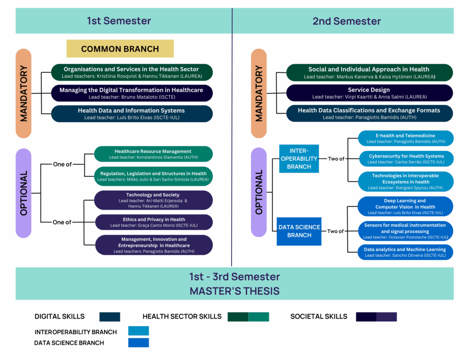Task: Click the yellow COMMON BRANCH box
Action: tap(120, 49)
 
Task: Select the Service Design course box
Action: tap(369, 93)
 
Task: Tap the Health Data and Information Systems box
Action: tap(132, 114)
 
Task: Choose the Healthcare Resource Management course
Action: tap(153, 154)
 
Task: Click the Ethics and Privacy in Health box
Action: tap(154, 222)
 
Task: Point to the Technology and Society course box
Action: tap(153, 200)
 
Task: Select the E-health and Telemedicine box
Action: tap(405, 138)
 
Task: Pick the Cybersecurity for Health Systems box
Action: tap(406, 159)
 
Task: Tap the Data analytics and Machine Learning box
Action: tap(405, 252)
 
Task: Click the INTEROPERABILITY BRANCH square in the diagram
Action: tap(299, 159)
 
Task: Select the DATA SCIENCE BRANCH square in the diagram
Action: tap(299, 231)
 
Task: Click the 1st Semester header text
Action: tap(119, 21)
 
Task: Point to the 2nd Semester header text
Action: tap(347, 21)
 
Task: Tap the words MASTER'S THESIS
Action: tap(234, 291)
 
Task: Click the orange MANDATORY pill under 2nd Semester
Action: tap(259, 94)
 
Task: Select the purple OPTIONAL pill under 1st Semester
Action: tap(24, 193)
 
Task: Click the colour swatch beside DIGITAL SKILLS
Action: tap(109, 317)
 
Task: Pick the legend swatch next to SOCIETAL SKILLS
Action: tap(376, 317)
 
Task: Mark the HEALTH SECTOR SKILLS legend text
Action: tap(182, 317)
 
